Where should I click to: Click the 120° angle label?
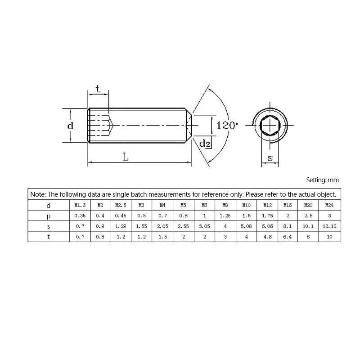pos(227,125)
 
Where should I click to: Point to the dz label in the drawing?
pos(205,144)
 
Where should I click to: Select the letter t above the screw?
pos(98,89)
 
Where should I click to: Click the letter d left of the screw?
pos(70,126)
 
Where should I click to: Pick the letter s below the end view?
pos(270,157)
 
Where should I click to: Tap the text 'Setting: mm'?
pos(322,180)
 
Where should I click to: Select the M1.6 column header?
pos(80,205)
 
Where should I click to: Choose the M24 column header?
pos(329,205)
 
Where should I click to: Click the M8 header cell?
pos(225,205)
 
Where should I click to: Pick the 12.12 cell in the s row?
pos(329,226)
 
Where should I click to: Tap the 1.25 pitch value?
pos(225,216)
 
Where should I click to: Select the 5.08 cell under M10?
pos(246,226)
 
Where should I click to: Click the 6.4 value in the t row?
pos(288,236)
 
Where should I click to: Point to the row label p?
pos(49,216)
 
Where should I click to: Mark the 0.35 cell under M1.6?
pos(80,216)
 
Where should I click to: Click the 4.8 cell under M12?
pos(267,236)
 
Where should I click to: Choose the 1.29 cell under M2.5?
pos(121,226)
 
